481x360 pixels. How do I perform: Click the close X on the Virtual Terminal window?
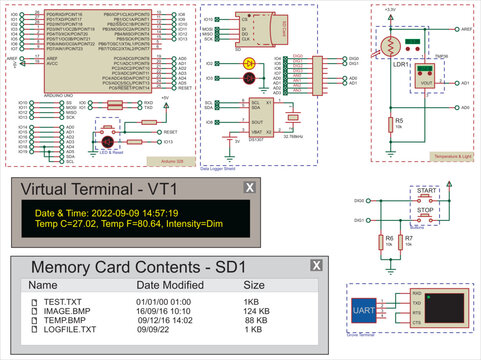250,187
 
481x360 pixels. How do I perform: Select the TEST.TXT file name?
63,301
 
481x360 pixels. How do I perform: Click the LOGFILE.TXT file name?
69,328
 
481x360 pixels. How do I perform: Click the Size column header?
254,285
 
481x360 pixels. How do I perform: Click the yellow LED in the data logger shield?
248,64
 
